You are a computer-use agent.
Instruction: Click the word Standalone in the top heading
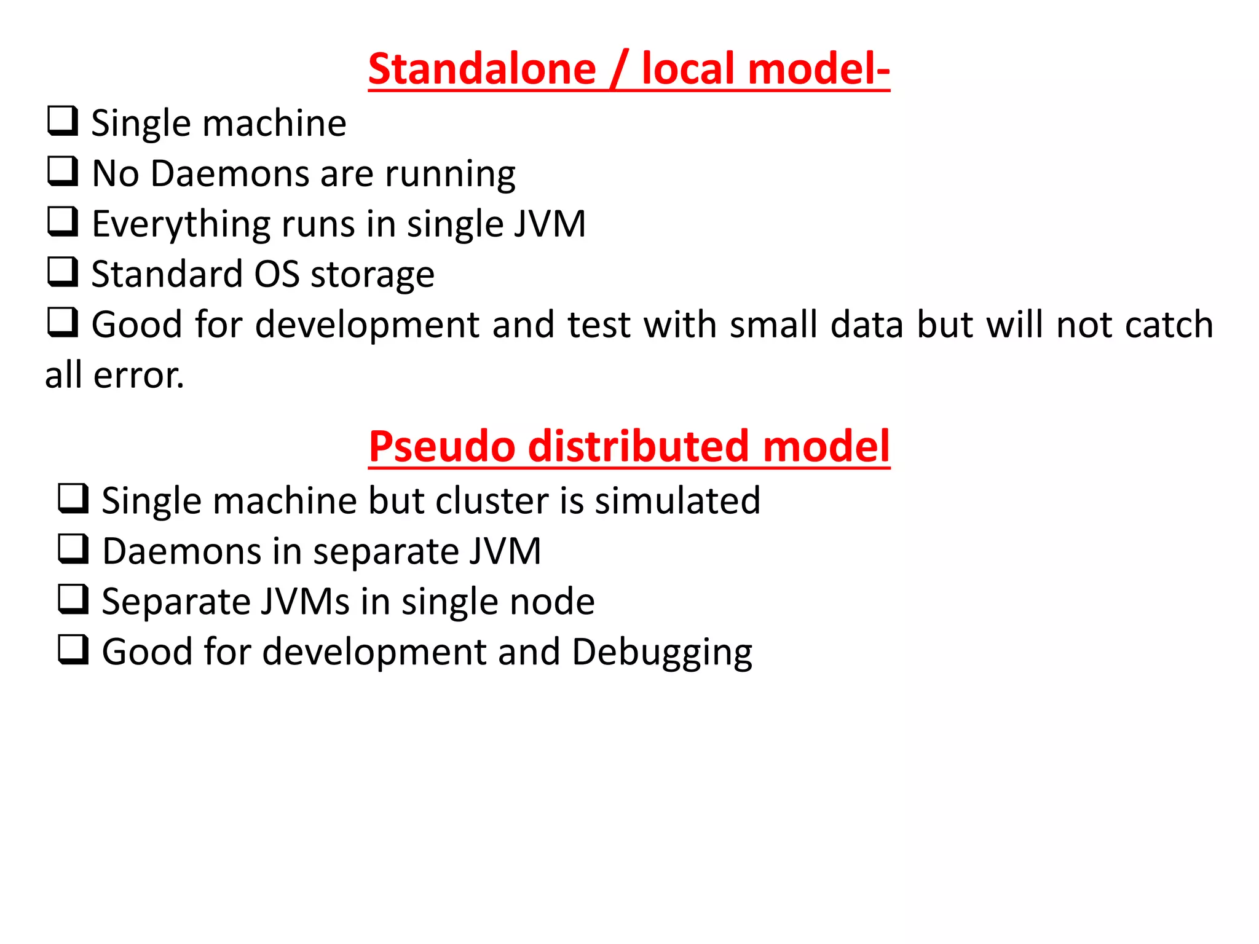click(x=482, y=69)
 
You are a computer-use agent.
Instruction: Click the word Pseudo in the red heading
click(x=442, y=446)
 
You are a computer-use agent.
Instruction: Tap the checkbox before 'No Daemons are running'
click(x=63, y=171)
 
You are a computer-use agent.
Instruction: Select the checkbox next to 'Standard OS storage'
click(x=63, y=272)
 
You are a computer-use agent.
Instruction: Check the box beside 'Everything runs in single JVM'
click(x=63, y=222)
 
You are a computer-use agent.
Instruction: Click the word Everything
click(x=181, y=225)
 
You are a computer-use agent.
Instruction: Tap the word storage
click(x=373, y=275)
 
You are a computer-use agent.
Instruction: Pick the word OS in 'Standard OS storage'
click(x=277, y=274)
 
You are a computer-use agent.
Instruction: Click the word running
click(x=450, y=175)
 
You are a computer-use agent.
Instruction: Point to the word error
click(x=138, y=376)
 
